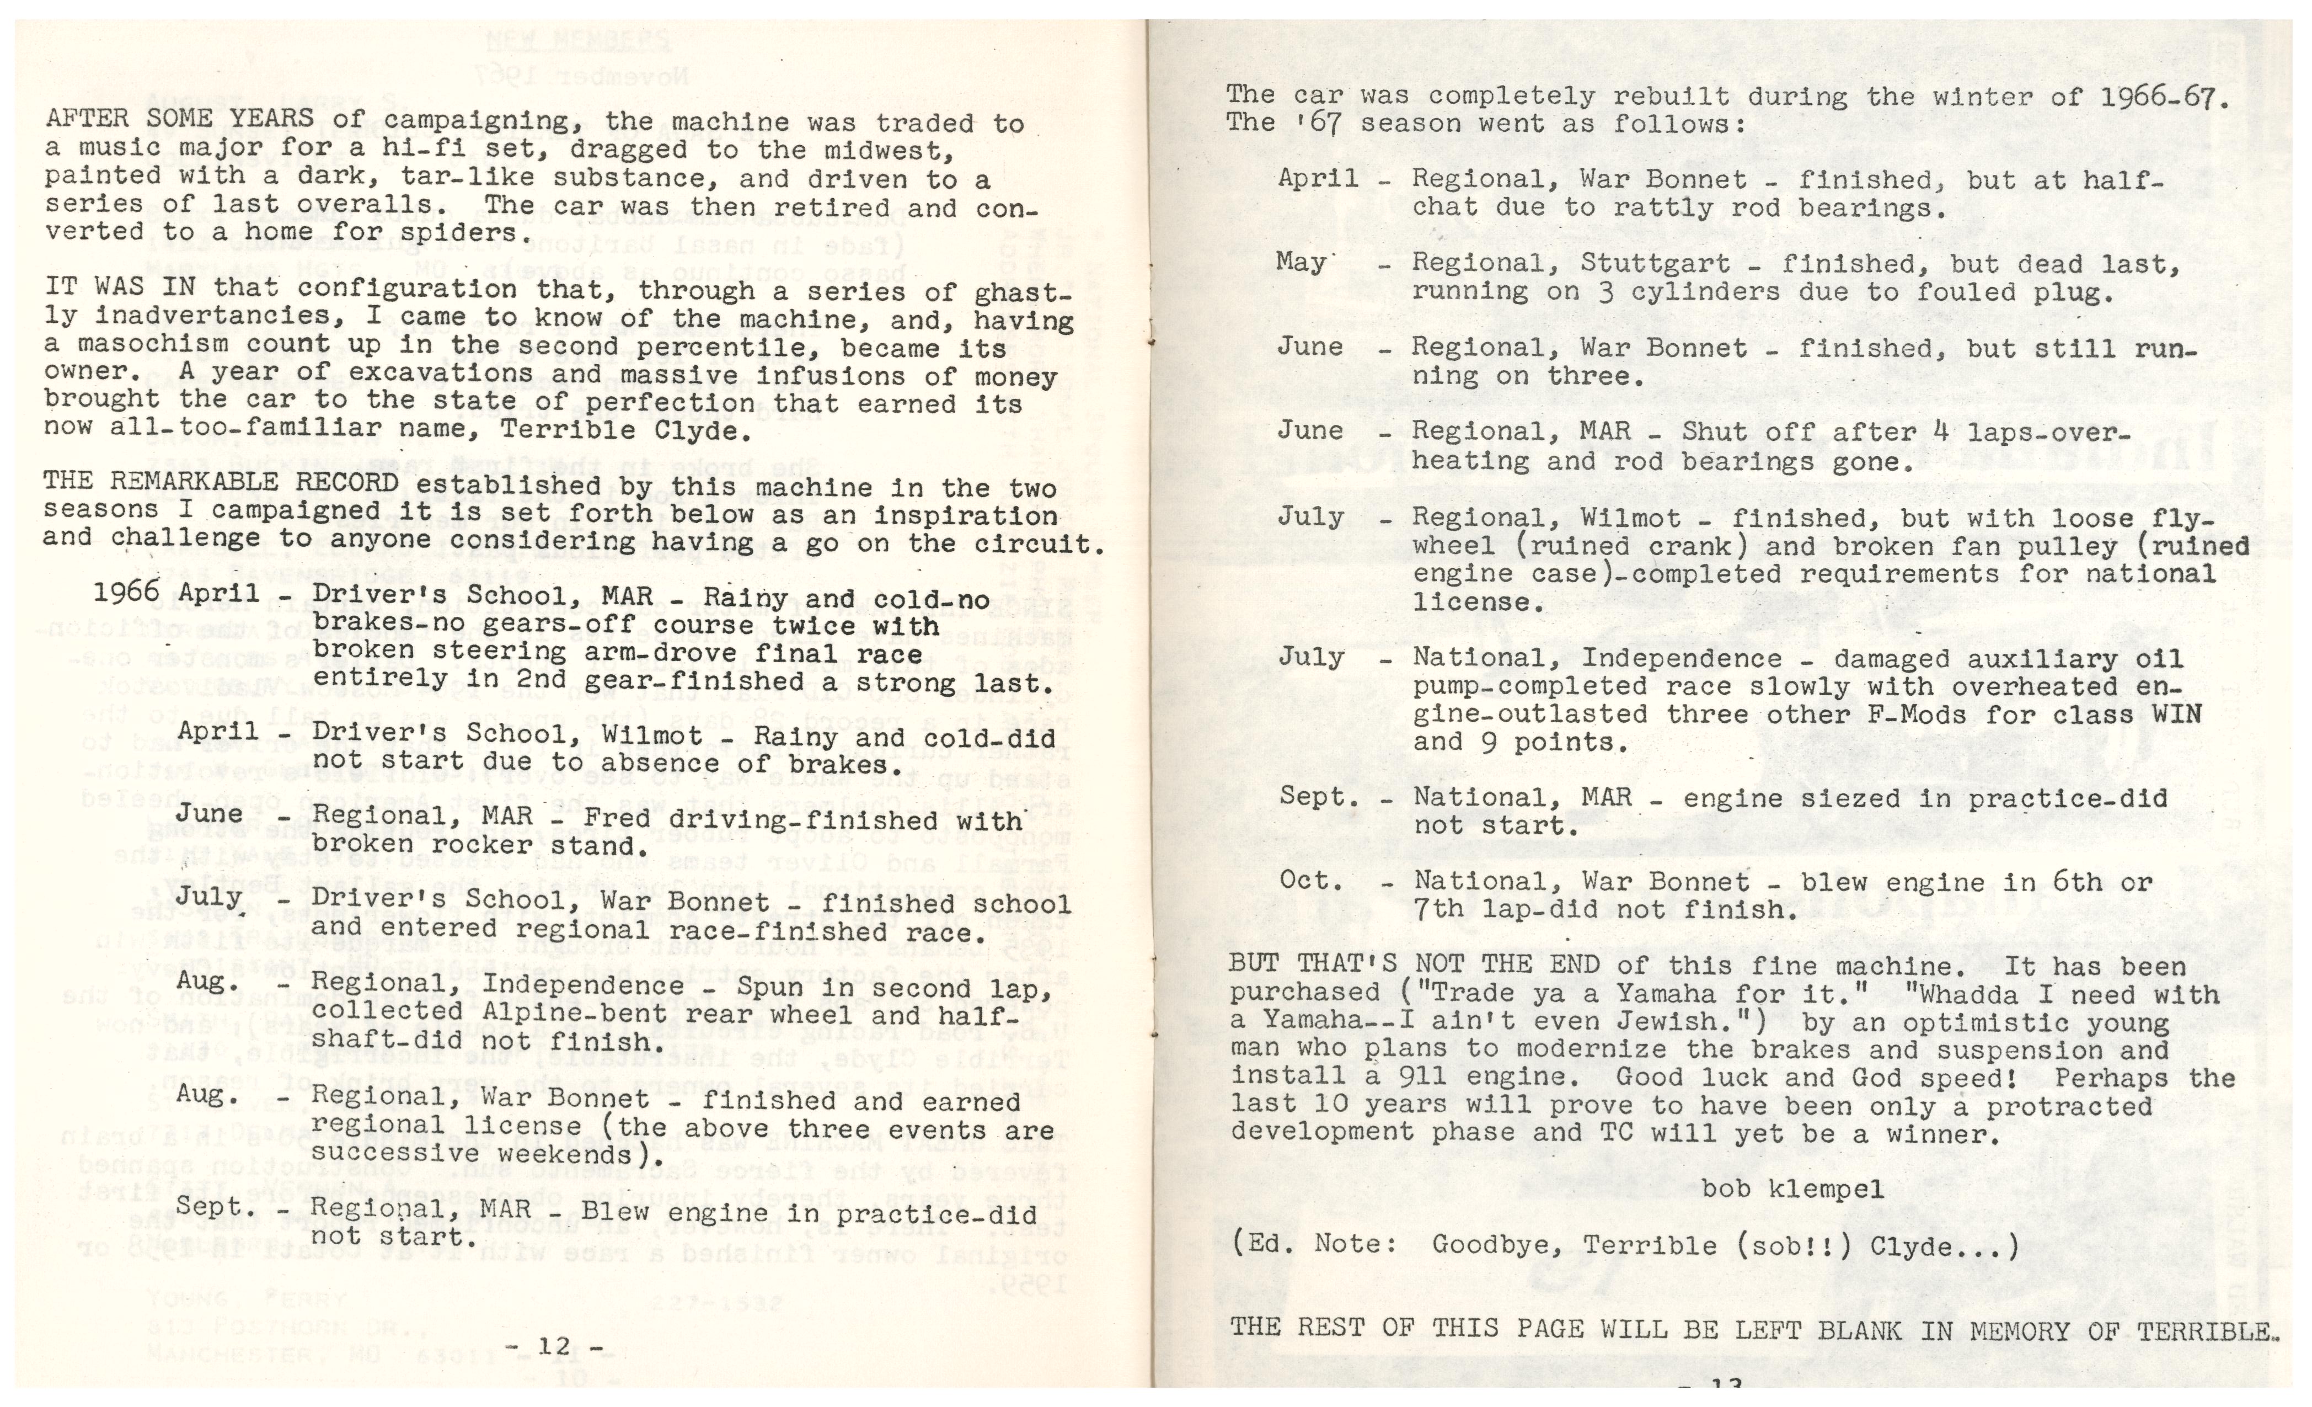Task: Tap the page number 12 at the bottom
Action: click(554, 1348)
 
